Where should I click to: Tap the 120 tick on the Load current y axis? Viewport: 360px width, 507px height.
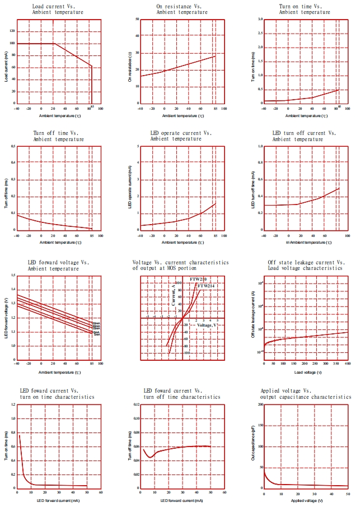(x=12, y=26)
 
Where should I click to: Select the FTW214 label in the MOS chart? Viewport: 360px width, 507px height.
(x=206, y=286)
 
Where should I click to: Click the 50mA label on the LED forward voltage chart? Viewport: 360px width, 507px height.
(x=96, y=323)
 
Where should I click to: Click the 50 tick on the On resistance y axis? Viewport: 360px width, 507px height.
(x=137, y=19)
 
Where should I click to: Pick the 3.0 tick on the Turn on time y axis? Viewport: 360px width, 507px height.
(x=260, y=19)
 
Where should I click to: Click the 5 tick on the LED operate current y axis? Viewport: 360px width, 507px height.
(x=137, y=146)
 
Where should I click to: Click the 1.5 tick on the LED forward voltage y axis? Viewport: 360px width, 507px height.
(x=12, y=275)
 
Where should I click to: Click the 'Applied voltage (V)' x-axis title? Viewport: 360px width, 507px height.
(x=306, y=500)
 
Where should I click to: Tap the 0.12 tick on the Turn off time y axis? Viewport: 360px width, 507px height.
(x=136, y=404)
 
